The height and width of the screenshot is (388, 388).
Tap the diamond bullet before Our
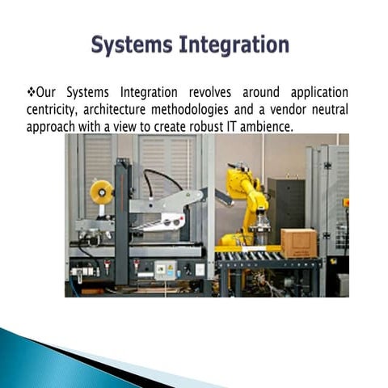tap(32, 91)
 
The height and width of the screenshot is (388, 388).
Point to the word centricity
tap(56, 110)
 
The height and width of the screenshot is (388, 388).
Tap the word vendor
tap(293, 110)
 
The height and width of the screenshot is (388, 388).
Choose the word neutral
tap(331, 110)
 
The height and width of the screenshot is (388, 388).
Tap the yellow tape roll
tap(102, 192)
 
